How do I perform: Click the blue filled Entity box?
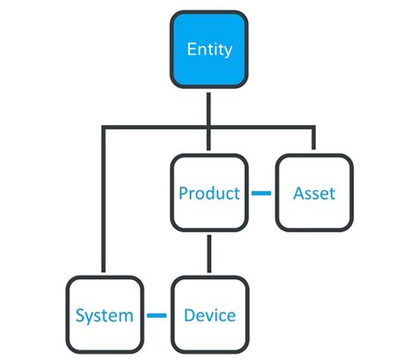[208, 49]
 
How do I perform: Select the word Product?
[208, 193]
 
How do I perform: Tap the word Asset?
[314, 193]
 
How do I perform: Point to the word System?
[104, 314]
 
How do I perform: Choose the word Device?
[208, 314]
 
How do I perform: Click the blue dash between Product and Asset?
[261, 193]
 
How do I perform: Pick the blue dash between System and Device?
[157, 314]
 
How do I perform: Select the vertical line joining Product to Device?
[208, 253]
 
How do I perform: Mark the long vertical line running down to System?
[104, 202]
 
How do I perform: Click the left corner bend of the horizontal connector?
[104, 129]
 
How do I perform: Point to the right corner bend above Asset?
[314, 129]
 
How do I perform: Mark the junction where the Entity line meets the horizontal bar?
[208, 129]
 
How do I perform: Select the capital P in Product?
[183, 193]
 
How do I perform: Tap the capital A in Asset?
[298, 193]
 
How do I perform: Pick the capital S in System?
[80, 314]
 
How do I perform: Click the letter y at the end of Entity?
[228, 51]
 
